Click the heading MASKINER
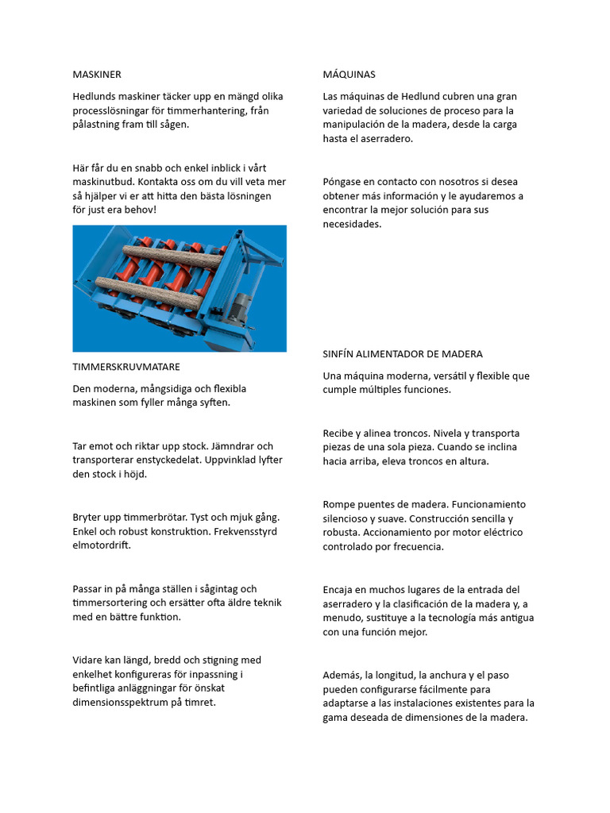point(97,75)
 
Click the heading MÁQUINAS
point(349,75)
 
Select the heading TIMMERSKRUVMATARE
point(126,367)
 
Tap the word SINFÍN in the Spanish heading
point(341,353)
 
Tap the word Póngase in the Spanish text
point(343,182)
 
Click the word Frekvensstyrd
point(245,531)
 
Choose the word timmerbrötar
point(147,517)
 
